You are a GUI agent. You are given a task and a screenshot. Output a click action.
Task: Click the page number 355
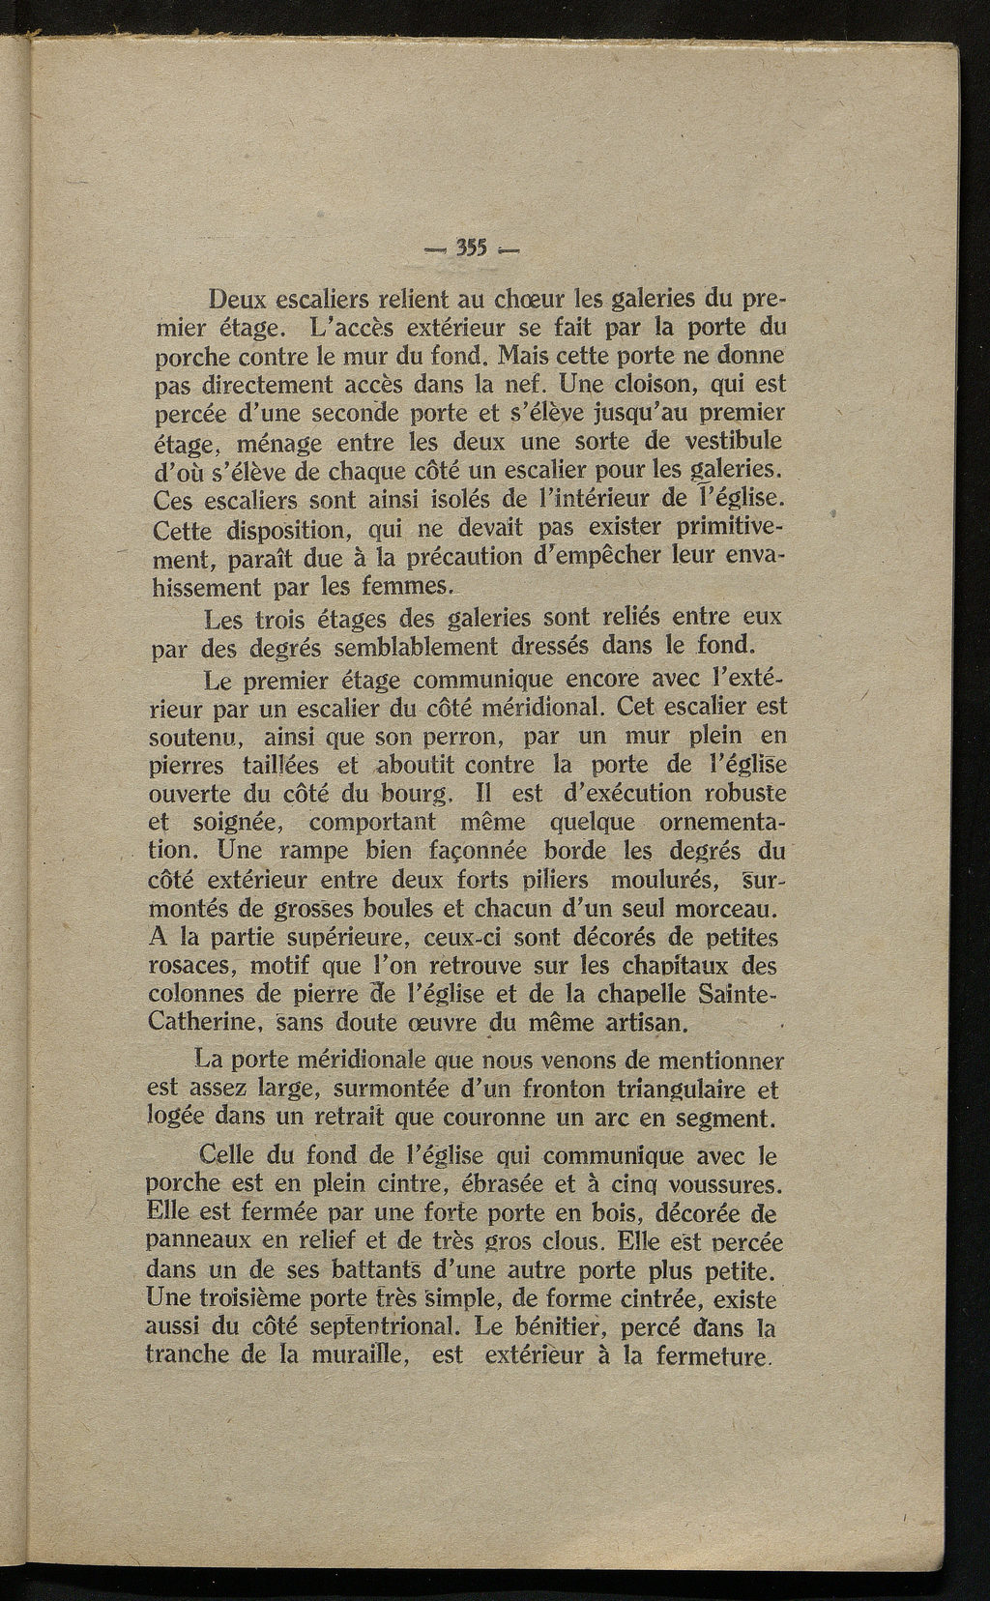[474, 245]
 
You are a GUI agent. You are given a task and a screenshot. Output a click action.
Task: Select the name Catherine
[196, 1020]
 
